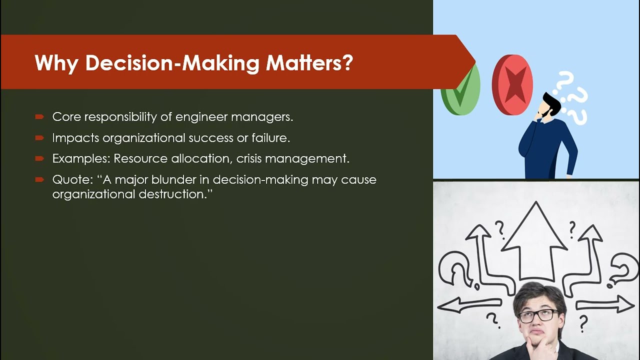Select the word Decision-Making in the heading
pyautogui.click(x=172, y=63)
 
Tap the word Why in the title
pyautogui.click(x=56, y=63)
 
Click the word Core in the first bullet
pyautogui.click(x=66, y=117)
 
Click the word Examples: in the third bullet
pyautogui.click(x=81, y=159)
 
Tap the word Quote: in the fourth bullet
pyautogui.click(x=70, y=180)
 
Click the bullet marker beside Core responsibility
pyautogui.click(x=39, y=117)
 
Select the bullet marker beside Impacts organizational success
pyautogui.click(x=39, y=138)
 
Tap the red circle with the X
pyautogui.click(x=512, y=85)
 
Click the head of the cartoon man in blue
pyautogui.click(x=549, y=105)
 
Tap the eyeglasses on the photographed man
pyautogui.click(x=538, y=315)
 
